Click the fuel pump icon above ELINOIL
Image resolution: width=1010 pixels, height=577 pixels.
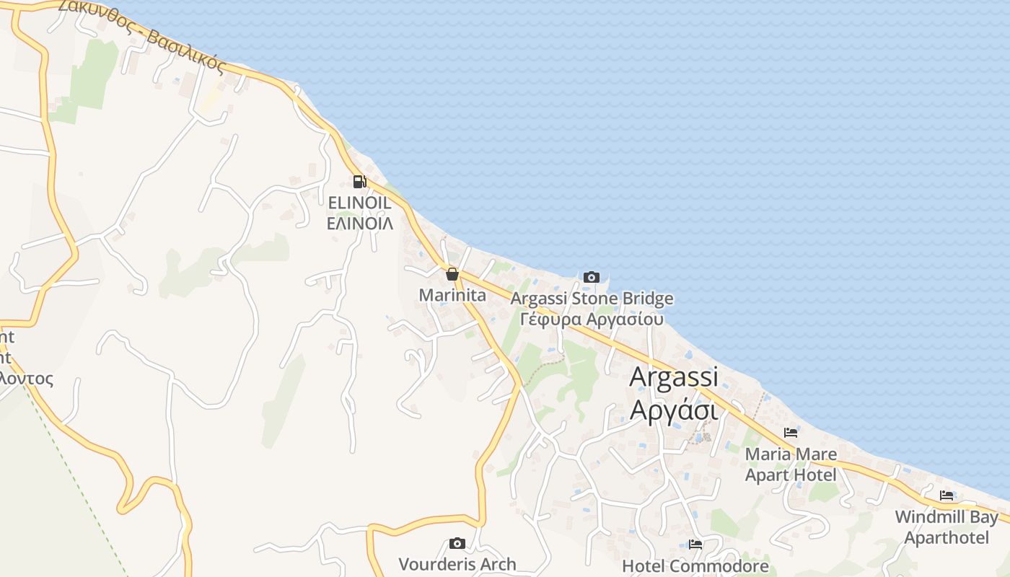359,181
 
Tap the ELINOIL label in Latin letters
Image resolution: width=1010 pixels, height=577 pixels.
359,203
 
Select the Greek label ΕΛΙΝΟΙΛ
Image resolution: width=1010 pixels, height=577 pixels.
359,223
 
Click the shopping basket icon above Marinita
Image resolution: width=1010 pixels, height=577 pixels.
452,274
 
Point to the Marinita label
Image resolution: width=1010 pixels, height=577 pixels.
452,295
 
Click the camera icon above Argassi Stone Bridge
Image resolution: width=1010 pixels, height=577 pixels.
591,277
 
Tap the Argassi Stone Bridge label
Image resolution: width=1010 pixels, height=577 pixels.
592,298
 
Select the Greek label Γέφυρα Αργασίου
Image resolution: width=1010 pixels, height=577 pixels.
592,318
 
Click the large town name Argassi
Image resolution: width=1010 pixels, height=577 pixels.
674,376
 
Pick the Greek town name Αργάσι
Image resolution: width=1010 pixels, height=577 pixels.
674,409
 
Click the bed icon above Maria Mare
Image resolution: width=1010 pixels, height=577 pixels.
791,433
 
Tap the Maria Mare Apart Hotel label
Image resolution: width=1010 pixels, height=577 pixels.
791,464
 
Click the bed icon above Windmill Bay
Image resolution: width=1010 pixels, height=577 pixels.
947,495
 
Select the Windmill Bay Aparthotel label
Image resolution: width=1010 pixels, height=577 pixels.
947,527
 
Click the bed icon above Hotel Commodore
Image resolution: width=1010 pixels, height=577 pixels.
695,545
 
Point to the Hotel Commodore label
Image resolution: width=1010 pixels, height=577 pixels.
695,566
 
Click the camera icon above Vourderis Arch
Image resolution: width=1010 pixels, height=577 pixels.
457,543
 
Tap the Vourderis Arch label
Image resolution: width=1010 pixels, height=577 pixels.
457,564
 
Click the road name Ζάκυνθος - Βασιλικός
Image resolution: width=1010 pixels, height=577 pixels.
142,35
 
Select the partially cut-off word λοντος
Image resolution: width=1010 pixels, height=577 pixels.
27,378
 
